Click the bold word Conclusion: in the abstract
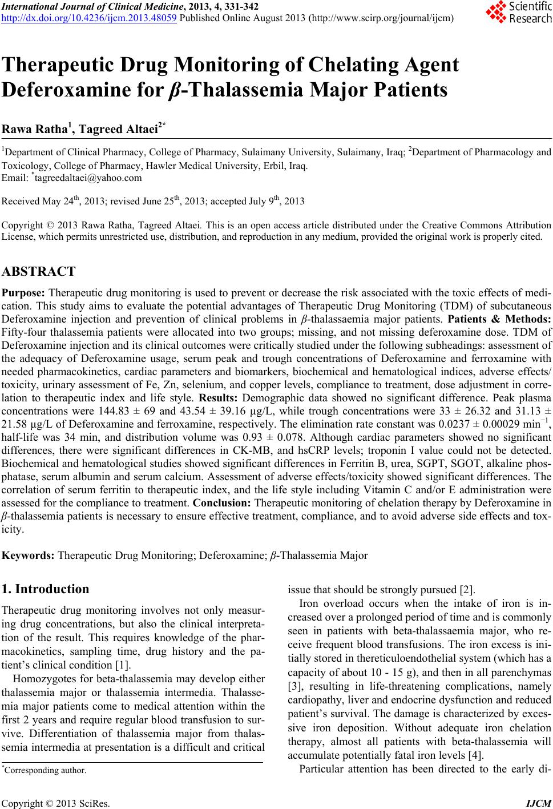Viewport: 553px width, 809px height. (x=220, y=504)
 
